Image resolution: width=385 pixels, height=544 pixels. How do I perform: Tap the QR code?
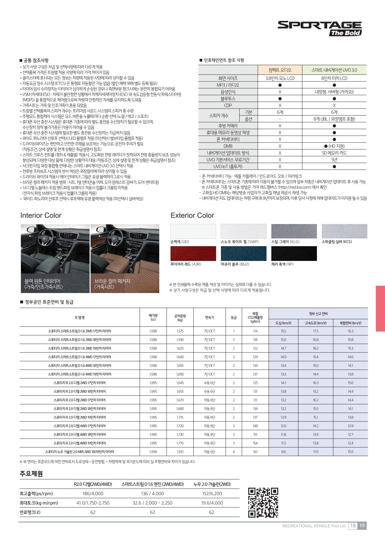click(263, 502)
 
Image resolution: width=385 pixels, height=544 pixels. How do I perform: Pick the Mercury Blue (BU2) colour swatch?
click(243, 253)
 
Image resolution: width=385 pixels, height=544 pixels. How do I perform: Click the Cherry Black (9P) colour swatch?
click(294, 253)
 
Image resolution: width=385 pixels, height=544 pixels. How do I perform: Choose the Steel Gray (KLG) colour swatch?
click(294, 231)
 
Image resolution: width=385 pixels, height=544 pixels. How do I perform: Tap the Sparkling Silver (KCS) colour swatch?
click(344, 231)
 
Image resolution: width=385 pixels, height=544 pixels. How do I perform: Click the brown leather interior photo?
click(125, 258)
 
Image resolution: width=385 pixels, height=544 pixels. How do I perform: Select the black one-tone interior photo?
click(55, 258)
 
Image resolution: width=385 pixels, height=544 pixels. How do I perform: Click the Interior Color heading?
click(41, 215)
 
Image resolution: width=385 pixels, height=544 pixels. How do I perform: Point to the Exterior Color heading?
click(192, 215)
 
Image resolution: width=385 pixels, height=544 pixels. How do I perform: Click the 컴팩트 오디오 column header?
click(280, 70)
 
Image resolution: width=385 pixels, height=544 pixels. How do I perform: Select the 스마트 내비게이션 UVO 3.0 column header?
click(334, 70)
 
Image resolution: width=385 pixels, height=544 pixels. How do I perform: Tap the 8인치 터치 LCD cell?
click(334, 78)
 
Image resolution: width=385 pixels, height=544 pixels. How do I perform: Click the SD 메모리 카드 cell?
click(334, 153)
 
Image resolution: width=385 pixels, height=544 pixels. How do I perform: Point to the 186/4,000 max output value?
click(93, 494)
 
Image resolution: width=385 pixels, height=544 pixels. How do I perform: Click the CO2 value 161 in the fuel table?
click(255, 452)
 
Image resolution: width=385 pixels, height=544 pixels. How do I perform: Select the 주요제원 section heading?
click(31, 474)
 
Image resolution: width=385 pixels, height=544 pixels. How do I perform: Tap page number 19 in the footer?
click(362, 526)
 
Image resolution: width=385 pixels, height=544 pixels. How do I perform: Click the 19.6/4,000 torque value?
click(212, 503)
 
